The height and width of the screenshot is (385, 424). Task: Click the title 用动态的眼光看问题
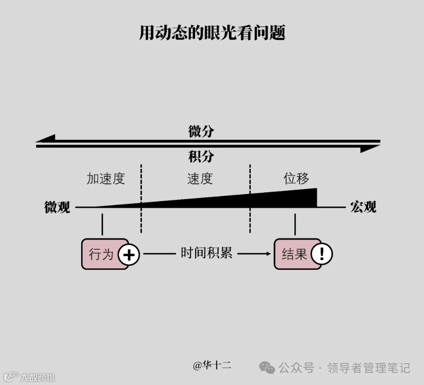212,33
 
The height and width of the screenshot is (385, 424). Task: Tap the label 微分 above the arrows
201,131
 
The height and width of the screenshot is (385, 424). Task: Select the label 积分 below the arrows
201,157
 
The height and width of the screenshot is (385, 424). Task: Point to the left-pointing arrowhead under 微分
46,139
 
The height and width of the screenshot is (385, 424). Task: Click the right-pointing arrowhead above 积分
370,148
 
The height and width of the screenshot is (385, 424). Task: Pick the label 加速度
106,179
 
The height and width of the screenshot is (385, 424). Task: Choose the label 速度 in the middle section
200,179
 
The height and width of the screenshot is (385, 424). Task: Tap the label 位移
296,179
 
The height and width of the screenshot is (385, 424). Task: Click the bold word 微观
57,207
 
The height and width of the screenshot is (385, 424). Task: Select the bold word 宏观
363,207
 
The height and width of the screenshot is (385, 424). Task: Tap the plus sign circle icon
129,255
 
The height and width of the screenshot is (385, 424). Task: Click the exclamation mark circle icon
322,254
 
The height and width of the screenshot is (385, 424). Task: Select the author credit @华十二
212,365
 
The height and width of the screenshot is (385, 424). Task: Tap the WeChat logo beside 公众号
267,368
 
